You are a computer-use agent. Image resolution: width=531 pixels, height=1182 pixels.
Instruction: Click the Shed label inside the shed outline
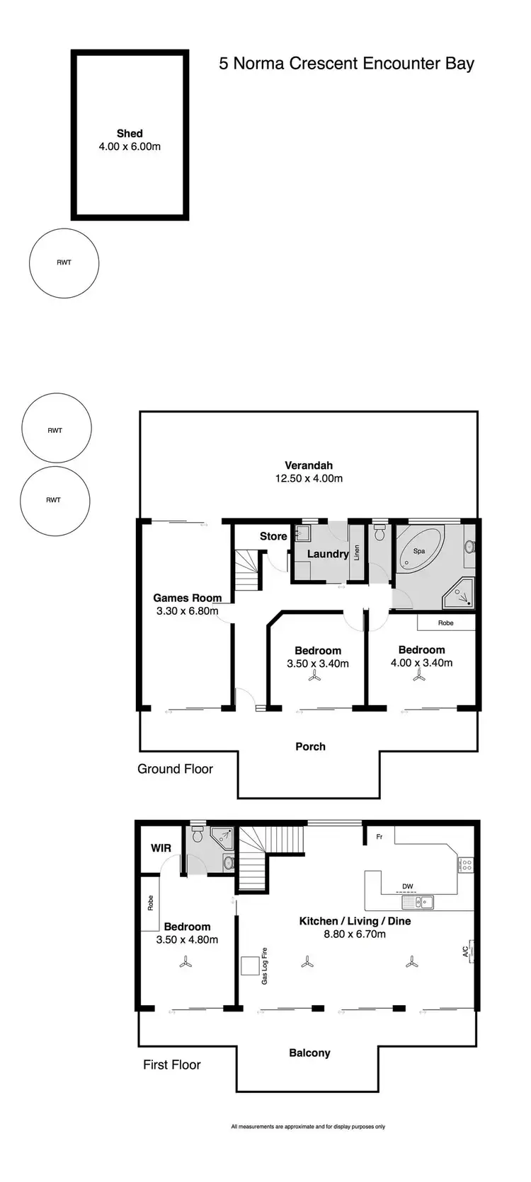click(x=130, y=133)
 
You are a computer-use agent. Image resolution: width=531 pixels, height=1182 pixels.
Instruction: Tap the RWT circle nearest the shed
click(x=64, y=262)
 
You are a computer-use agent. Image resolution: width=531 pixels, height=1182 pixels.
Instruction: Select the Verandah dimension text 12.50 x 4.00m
click(x=309, y=478)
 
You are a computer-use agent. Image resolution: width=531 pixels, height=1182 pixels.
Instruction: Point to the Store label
click(x=273, y=536)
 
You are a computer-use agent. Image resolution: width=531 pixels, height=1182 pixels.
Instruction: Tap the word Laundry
click(x=327, y=554)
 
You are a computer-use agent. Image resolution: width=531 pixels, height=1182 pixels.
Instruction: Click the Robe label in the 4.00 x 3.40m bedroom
click(x=445, y=623)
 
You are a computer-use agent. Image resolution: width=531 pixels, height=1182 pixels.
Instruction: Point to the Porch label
click(x=310, y=746)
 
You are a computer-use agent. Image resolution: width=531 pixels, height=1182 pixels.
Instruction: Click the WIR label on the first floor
click(x=161, y=847)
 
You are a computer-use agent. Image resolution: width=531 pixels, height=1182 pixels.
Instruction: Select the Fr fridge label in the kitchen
click(x=379, y=837)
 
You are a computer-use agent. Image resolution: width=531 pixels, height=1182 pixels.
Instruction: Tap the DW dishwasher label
click(x=407, y=886)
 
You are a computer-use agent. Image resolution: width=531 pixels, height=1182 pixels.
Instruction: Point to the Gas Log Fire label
click(x=265, y=966)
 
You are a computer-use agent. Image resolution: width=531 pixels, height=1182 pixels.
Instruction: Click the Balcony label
click(x=309, y=1053)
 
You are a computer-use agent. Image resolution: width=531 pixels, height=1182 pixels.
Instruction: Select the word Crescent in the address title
click(x=322, y=64)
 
